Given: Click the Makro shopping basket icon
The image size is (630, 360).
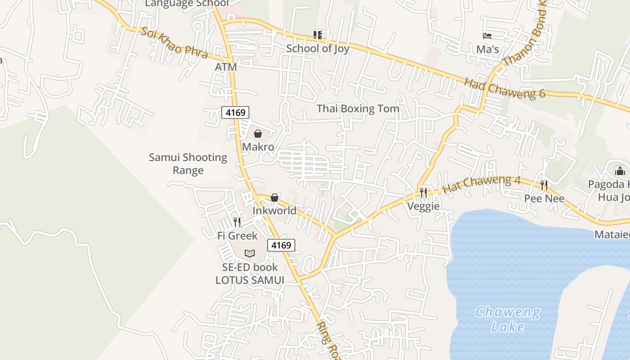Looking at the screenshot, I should point(258,134).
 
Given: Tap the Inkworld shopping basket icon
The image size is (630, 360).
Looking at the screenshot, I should point(274,198).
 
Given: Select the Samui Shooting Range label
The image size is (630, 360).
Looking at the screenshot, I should point(188,164).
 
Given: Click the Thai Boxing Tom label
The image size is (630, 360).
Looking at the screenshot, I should point(358,108).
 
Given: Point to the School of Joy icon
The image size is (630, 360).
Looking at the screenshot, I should point(318,35).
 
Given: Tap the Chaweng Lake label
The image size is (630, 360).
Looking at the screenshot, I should point(508,319).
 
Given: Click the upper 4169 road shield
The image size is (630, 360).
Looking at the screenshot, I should point(235,112).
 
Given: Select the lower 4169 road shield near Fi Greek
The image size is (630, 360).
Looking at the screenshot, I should point(281,245).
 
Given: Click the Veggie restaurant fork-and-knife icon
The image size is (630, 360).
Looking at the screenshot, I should point(423,193).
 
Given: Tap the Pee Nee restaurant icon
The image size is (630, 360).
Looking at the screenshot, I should point(544,185).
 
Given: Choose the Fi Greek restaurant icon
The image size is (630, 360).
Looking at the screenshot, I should point(237,222).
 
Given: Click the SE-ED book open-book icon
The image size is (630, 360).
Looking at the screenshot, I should point(250,253).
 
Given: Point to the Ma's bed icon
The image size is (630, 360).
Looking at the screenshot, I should point(487,36).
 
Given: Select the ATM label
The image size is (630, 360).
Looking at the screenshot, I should point(225,67).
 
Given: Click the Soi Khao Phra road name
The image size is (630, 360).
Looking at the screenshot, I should point(174,43).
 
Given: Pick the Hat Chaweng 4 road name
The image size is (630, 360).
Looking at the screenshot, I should point(481,184).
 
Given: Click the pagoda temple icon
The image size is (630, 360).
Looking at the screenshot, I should point(620,171).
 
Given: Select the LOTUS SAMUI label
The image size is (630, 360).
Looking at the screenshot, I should point(250,280).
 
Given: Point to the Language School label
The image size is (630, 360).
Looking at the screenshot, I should point(186,4).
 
